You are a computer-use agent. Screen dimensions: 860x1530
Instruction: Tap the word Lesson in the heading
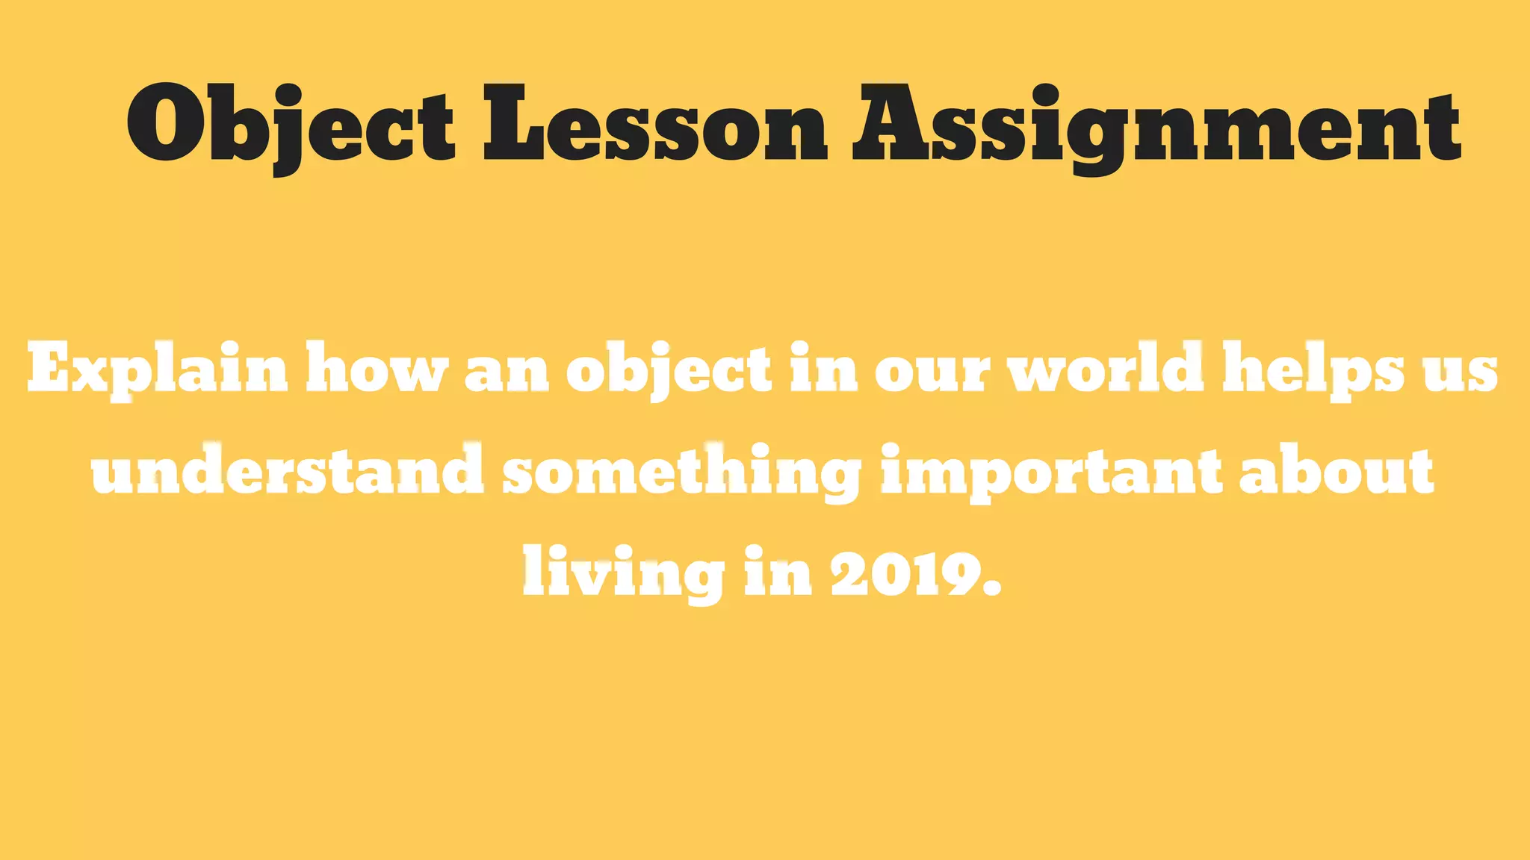click(654, 123)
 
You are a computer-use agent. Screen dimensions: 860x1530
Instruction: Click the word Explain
click(158, 368)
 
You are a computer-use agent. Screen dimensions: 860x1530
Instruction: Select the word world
click(1106, 368)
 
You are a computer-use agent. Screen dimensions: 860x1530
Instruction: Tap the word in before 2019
click(777, 572)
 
